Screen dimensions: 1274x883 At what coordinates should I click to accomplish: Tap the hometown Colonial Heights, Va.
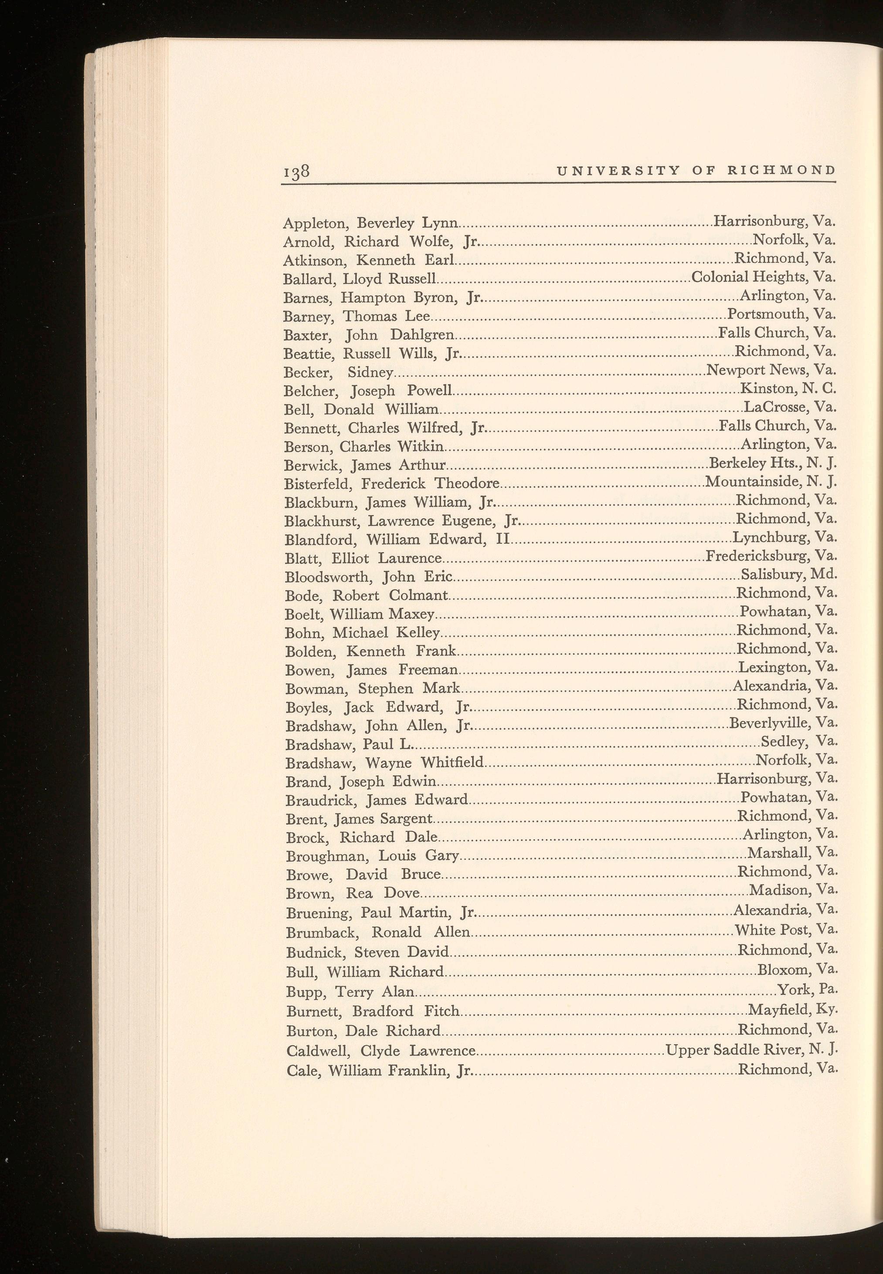(x=763, y=277)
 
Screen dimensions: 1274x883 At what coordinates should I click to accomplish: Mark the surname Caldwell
(x=319, y=1051)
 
